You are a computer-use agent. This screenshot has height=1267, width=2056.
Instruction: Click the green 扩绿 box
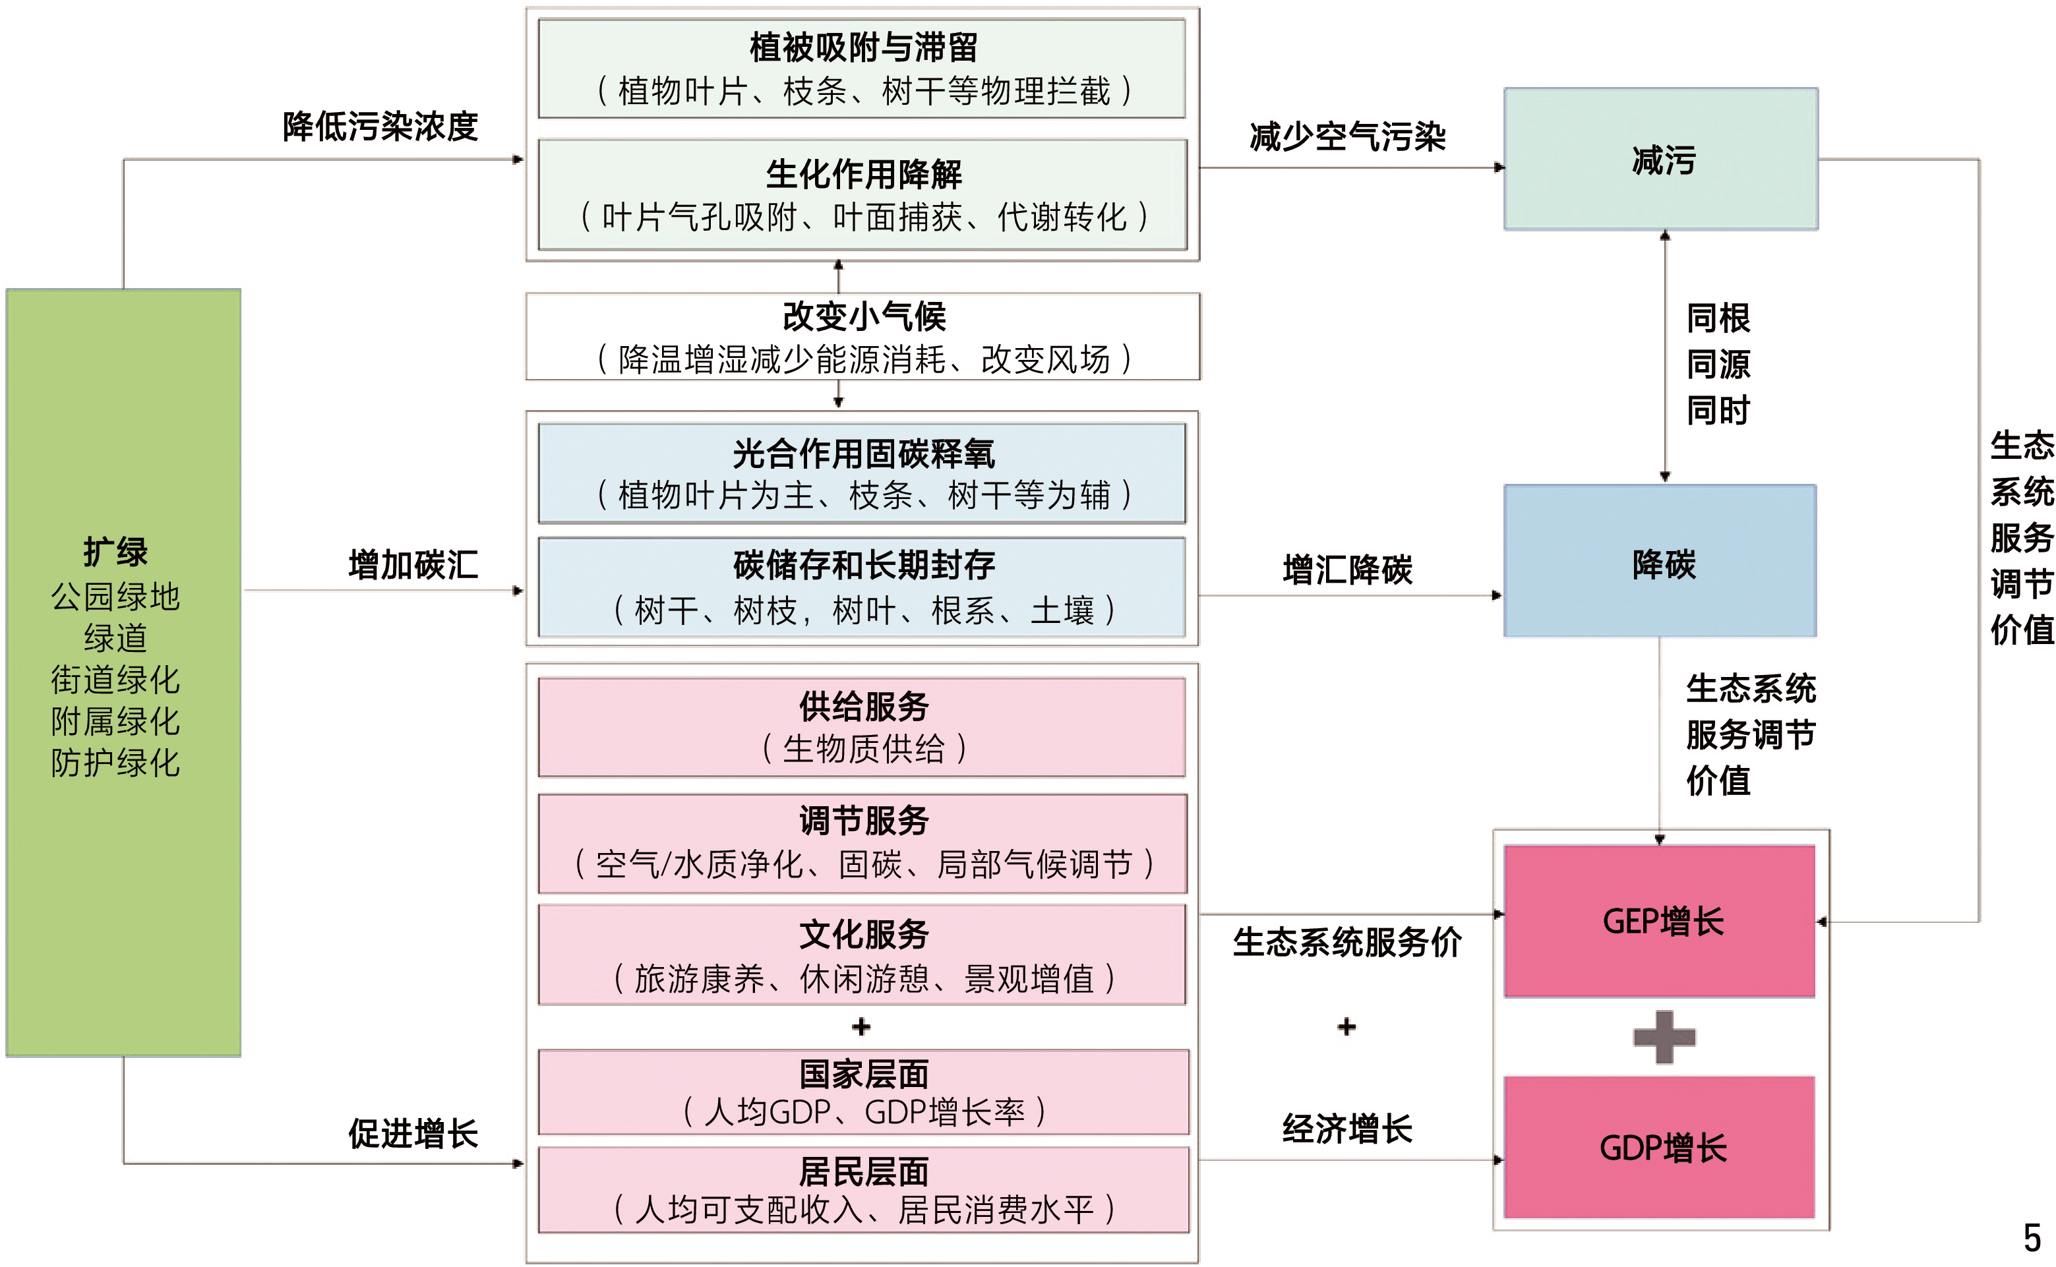(x=123, y=672)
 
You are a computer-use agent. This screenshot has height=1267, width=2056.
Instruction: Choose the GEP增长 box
(x=1660, y=920)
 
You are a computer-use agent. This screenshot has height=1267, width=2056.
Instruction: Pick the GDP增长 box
(x=1660, y=1146)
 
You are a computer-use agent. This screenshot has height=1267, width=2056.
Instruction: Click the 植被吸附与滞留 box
(x=862, y=69)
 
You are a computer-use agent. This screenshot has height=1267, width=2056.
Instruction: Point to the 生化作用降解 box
(x=862, y=194)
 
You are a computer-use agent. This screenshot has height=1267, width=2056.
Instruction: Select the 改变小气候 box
(x=862, y=337)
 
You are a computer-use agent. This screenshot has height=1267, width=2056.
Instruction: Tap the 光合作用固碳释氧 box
(x=862, y=473)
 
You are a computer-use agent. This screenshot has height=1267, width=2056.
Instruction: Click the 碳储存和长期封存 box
(x=862, y=587)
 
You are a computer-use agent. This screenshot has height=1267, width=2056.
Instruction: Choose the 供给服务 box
(x=862, y=726)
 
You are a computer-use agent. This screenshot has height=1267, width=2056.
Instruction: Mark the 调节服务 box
(x=862, y=843)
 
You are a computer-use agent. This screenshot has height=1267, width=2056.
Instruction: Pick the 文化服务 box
(x=862, y=955)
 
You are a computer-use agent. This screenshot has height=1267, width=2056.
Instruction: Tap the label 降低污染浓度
(x=380, y=127)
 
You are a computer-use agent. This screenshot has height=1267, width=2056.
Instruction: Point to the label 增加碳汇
(x=413, y=565)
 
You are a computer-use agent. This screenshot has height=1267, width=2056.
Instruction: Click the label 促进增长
(x=413, y=1133)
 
